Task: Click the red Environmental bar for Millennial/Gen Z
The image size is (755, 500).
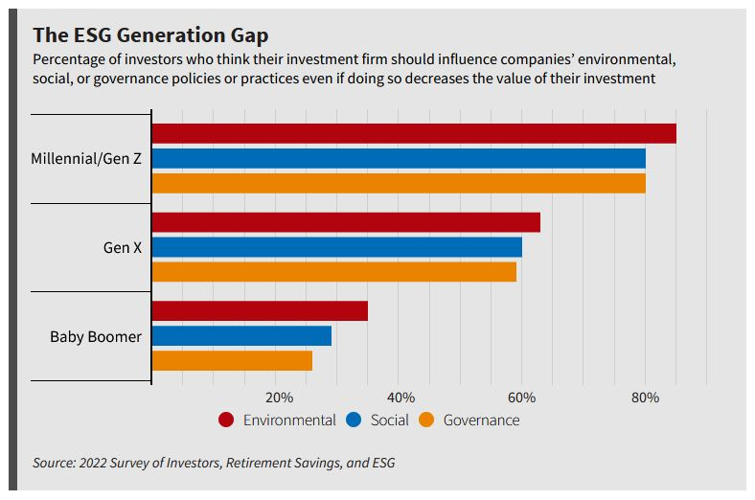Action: (x=414, y=134)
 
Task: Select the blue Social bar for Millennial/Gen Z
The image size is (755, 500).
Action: (x=399, y=158)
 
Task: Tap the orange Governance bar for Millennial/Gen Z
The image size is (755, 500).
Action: (x=399, y=183)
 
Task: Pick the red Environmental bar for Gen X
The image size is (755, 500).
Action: (x=346, y=222)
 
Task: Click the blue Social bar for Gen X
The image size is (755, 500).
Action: (x=337, y=247)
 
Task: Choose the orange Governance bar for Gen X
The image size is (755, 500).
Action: (x=334, y=271)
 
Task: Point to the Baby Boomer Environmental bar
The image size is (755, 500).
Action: (x=260, y=311)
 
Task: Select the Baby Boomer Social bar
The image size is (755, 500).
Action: (x=241, y=335)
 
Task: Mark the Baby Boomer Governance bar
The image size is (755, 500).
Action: (x=232, y=360)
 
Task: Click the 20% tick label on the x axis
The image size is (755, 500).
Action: (x=278, y=398)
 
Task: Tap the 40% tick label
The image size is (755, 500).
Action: (x=400, y=398)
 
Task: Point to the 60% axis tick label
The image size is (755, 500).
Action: (x=522, y=398)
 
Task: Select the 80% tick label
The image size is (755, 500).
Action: (x=645, y=398)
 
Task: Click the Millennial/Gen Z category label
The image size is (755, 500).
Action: (x=86, y=158)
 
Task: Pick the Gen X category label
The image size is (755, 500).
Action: (x=123, y=247)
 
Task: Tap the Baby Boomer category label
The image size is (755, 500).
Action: (x=96, y=336)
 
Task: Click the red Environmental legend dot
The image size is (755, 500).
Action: (x=227, y=420)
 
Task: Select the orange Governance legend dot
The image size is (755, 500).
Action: (x=427, y=420)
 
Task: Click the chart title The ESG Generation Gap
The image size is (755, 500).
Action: (x=150, y=35)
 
